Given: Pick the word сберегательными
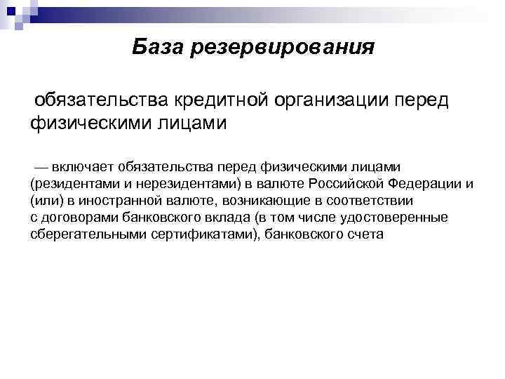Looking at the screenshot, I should pos(88,234).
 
